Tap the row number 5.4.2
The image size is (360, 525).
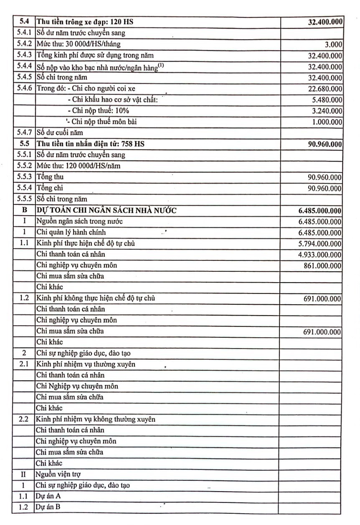(x=24, y=44)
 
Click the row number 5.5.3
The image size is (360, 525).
(x=24, y=177)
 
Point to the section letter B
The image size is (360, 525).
(x=24, y=210)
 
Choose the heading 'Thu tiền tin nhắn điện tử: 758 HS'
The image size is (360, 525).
(x=91, y=144)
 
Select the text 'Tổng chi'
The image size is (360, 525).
(x=50, y=188)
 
